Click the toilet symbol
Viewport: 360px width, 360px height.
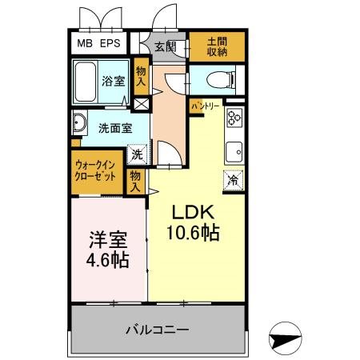(x=221, y=79)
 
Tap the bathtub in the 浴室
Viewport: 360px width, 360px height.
(x=85, y=82)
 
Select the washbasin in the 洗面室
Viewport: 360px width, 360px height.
(x=79, y=123)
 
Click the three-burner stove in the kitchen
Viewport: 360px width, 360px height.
(x=234, y=118)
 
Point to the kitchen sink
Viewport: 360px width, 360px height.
(x=234, y=151)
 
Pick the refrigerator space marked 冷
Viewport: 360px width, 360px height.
(x=234, y=181)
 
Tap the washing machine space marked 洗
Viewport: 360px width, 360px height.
(x=138, y=154)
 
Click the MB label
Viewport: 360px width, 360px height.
(x=85, y=43)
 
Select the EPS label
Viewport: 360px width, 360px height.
(x=110, y=43)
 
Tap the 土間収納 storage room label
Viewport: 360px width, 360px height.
(x=217, y=46)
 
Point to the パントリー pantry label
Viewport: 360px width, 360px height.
(x=206, y=106)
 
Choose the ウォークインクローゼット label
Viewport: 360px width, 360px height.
(x=95, y=170)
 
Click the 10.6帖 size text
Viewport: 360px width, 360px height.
(x=193, y=233)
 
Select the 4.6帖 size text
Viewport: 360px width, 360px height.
(x=107, y=260)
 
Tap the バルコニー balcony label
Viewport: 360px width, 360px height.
(x=158, y=330)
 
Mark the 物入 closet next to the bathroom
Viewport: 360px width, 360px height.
(x=141, y=76)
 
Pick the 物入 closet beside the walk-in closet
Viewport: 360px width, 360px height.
(x=135, y=182)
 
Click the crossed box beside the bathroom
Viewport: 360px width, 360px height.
(x=141, y=104)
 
